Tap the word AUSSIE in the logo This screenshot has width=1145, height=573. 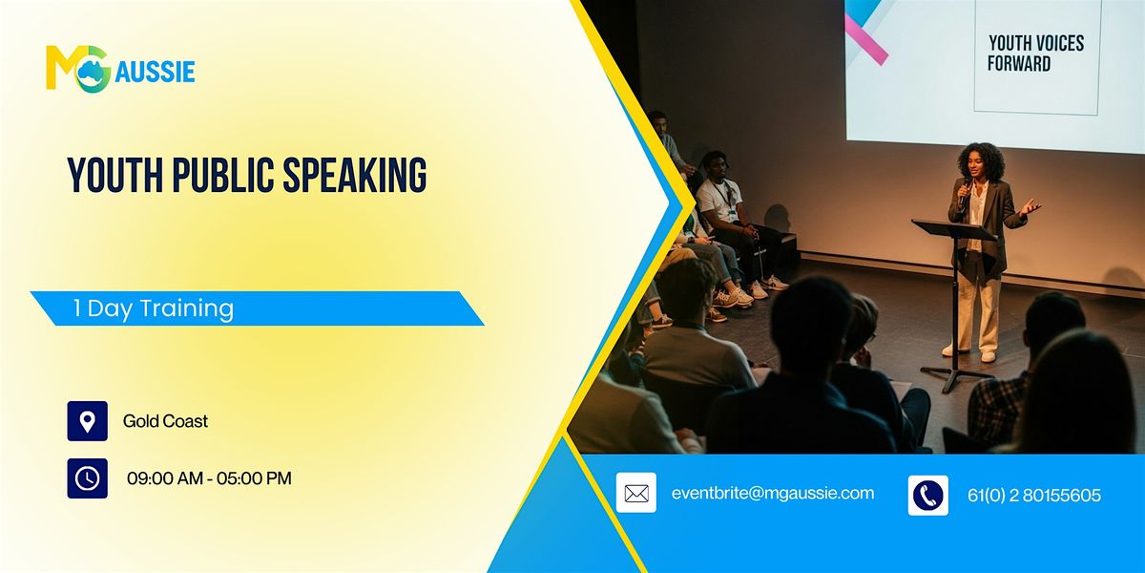coord(155,72)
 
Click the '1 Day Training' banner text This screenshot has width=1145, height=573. coord(154,308)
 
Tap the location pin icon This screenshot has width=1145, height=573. coord(87,421)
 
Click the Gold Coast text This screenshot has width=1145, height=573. coord(165,421)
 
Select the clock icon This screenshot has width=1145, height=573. coord(87,478)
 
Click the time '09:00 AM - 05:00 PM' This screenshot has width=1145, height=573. coord(209,478)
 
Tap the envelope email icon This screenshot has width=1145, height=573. coord(635,494)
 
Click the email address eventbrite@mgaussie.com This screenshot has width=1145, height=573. coord(772,493)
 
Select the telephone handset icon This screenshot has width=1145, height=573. coord(927,495)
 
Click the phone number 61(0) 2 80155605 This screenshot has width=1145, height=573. coord(1033,496)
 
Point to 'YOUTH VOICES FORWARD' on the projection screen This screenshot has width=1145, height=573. coord(1035,53)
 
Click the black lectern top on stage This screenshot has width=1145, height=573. coord(953,230)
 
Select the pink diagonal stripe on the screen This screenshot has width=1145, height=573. coord(865,40)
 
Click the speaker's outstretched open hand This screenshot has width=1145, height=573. coord(1030,206)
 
